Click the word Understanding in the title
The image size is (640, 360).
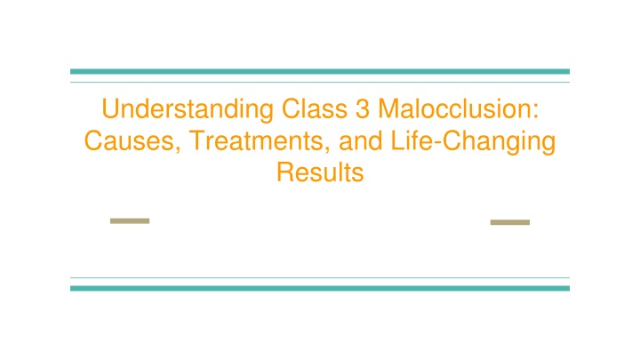coord(188,110)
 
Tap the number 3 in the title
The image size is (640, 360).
coord(363,109)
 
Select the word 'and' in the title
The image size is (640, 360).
coord(361,141)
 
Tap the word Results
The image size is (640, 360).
coord(320,172)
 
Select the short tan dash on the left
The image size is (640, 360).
coord(130,220)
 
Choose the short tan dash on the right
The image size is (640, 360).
coord(510,222)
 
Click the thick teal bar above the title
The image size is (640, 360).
coord(320,71)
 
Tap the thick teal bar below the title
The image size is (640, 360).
coord(320,288)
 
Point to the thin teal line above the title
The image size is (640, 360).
coord(320,83)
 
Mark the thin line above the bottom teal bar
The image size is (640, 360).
coord(320,277)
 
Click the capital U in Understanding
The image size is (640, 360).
coord(110,109)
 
